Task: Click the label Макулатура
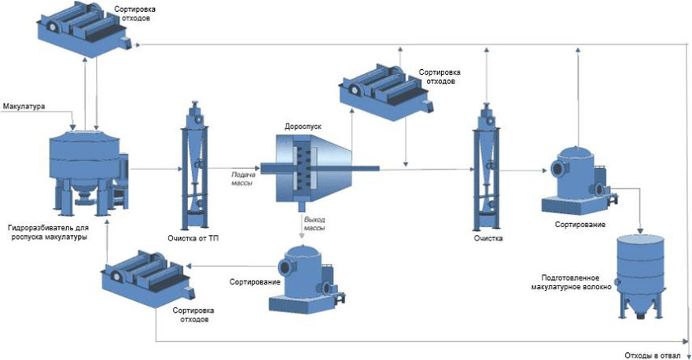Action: point(24,106)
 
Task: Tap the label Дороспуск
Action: point(303,127)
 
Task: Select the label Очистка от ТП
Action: point(193,238)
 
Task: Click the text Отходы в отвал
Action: point(652,355)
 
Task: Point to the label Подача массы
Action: point(243,178)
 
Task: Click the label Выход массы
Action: point(315,224)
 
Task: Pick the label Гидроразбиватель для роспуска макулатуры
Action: point(48,233)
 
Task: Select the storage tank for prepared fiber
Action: point(640,277)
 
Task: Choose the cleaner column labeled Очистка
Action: point(487,167)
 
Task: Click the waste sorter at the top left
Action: point(84,30)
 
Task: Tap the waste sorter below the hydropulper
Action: point(149,279)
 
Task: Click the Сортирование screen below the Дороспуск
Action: point(307,280)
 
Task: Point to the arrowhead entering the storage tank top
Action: point(640,230)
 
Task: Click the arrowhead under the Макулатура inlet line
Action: point(73,127)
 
